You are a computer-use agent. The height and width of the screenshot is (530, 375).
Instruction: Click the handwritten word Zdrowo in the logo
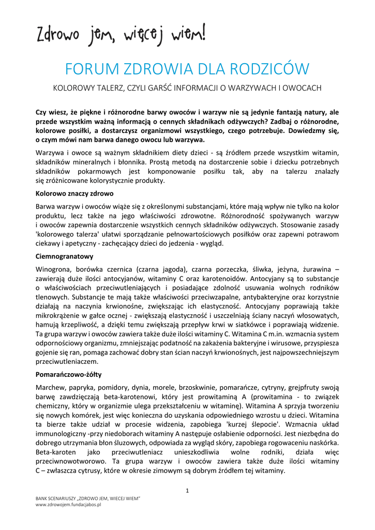[57, 36]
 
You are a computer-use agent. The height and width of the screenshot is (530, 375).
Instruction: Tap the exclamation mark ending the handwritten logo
[204, 33]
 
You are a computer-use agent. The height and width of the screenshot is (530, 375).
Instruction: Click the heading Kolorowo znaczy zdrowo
[74, 194]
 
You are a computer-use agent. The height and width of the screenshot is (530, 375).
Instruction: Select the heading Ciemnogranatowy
[64, 256]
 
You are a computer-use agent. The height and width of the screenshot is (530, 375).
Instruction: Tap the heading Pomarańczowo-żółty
[68, 374]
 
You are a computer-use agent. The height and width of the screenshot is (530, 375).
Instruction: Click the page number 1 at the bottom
[187, 490]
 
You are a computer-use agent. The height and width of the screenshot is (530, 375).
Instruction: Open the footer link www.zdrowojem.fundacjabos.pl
[68, 505]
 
